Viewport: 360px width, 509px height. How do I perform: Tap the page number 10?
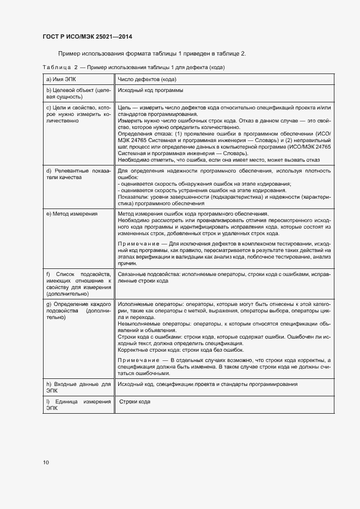[x=46, y=462]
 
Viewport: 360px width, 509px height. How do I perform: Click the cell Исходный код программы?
[x=150, y=90]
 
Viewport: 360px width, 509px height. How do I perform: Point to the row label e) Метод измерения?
[x=72, y=214]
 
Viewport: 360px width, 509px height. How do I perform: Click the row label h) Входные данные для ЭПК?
[x=78, y=387]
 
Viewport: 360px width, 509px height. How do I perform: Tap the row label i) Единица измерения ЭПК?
[x=78, y=404]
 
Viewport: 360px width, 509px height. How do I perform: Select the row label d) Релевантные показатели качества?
[x=78, y=174]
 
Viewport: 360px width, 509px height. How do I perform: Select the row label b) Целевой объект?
[x=78, y=93]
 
